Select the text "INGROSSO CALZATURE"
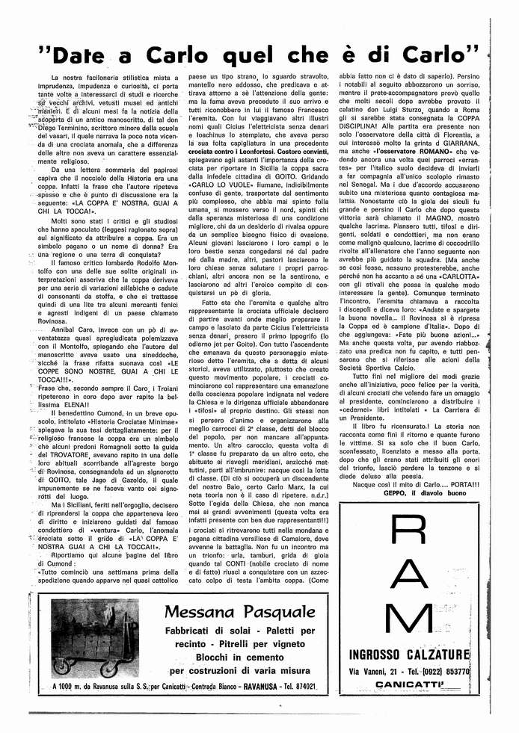pos(409,655)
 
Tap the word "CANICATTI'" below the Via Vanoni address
pos(409,684)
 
